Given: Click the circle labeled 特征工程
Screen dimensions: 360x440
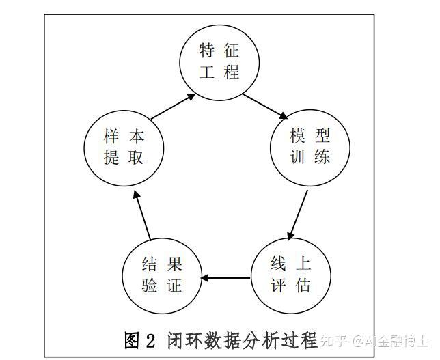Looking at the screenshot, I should pyautogui.click(x=220, y=61).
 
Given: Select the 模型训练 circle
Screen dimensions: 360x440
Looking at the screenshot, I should pyautogui.click(x=310, y=146).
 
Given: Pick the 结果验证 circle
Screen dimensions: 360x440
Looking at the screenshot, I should pyautogui.click(x=162, y=274).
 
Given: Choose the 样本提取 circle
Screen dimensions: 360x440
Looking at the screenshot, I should pyautogui.click(x=124, y=146).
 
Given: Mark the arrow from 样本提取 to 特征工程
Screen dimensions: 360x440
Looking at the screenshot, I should pyautogui.click(x=173, y=107).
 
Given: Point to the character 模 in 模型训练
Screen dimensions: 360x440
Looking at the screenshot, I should pyautogui.click(x=298, y=135).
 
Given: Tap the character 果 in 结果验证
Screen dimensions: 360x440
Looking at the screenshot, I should pyautogui.click(x=174, y=263).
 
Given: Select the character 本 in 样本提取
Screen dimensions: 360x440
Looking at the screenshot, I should pyautogui.click(x=136, y=135).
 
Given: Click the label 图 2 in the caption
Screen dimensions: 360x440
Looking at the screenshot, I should pyautogui.click(x=141, y=340).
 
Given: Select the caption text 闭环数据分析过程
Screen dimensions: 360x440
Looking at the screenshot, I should pyautogui.click(x=242, y=340).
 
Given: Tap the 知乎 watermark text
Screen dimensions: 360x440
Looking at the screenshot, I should pyautogui.click(x=337, y=340).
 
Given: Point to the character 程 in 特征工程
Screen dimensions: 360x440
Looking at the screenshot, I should pyautogui.click(x=232, y=72).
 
